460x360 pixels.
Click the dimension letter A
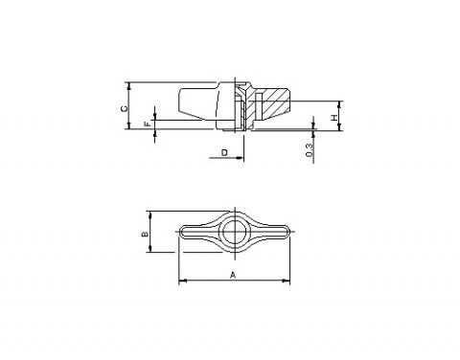[233, 275]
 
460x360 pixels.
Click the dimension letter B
[145, 235]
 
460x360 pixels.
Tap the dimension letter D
[224, 152]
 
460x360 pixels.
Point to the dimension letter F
[148, 124]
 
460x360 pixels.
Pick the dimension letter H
[334, 118]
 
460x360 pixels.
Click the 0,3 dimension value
[310, 150]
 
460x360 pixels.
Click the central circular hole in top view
[235, 232]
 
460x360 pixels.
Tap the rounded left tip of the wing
[181, 232]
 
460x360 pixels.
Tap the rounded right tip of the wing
[287, 232]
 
